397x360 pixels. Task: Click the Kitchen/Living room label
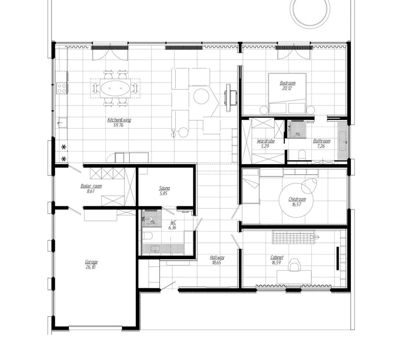pyautogui.click(x=119, y=120)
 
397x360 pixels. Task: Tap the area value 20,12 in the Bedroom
pyautogui.click(x=287, y=89)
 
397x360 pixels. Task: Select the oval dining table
pyautogui.click(x=115, y=88)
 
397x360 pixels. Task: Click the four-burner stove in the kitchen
pyautogui.click(x=62, y=88)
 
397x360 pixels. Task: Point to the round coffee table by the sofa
pyautogui.click(x=201, y=97)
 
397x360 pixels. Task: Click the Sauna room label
pyautogui.click(x=164, y=188)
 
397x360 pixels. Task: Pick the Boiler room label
pyautogui.click(x=91, y=186)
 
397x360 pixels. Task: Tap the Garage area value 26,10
pyautogui.click(x=91, y=267)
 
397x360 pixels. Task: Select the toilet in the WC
pyautogui.click(x=148, y=236)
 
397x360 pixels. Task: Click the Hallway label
pyautogui.click(x=217, y=257)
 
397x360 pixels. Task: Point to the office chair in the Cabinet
pyautogui.click(x=294, y=264)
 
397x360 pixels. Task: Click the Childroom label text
pyautogui.click(x=297, y=199)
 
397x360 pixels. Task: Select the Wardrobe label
pyautogui.click(x=265, y=141)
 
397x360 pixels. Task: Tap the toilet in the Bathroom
pyautogui.click(x=302, y=154)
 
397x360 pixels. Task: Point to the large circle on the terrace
pyautogui.click(x=310, y=9)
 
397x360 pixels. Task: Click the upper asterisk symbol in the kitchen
pyautogui.click(x=64, y=147)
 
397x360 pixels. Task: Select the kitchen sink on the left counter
pyautogui.click(x=62, y=122)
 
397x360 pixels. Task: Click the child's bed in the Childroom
pyautogui.click(x=250, y=186)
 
